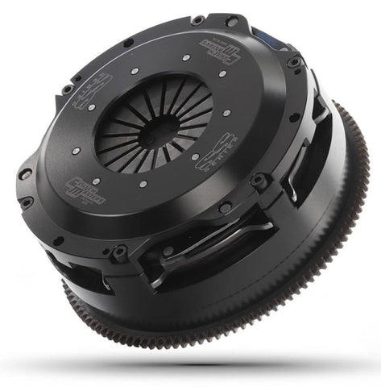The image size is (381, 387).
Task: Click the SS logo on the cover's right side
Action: (x=217, y=152)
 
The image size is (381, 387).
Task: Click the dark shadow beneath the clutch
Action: (x=193, y=363)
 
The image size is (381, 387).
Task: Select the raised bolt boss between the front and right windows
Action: (x=259, y=181)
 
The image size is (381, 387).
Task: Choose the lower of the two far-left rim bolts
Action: (x=26, y=202)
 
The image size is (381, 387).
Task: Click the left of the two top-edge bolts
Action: (x=197, y=19)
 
